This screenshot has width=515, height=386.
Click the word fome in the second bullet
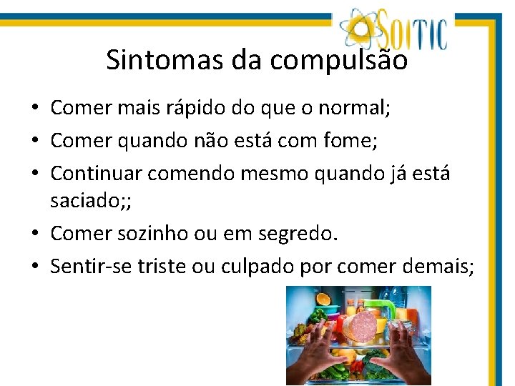[348, 140]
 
